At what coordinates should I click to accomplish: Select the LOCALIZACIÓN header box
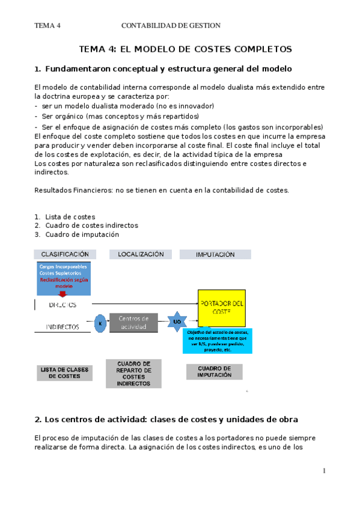(141, 254)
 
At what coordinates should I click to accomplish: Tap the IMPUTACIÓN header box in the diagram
(215, 254)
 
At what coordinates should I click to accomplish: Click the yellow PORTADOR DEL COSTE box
(222, 307)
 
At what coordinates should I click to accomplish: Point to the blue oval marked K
(101, 323)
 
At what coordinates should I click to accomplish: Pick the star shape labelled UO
(177, 322)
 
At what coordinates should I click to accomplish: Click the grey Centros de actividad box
(133, 322)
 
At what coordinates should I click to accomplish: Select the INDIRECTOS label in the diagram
(63, 328)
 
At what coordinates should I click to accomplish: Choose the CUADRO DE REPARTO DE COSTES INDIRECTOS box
(133, 373)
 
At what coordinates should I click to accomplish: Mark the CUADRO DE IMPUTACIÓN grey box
(215, 371)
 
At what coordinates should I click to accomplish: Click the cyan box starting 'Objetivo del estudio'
(218, 340)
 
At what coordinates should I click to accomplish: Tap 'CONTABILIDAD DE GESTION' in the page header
(171, 25)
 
